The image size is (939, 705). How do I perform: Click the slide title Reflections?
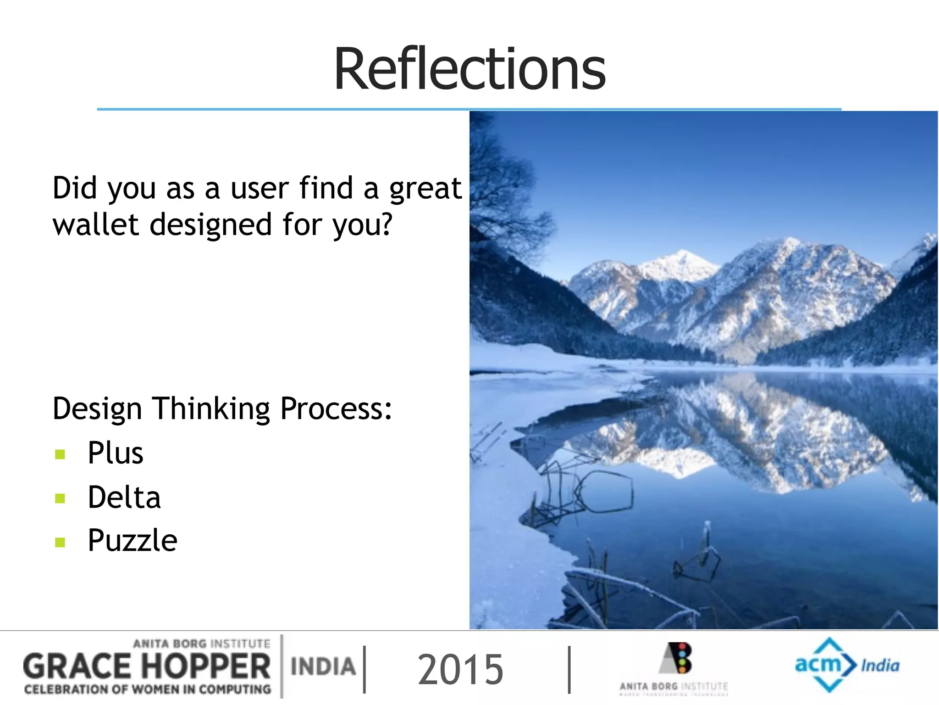(469, 69)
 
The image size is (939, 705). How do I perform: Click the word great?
(425, 189)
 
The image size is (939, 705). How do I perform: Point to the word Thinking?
(211, 408)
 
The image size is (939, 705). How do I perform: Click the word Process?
(336, 408)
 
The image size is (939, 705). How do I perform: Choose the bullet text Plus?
(116, 453)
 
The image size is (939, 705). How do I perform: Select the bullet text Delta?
(124, 497)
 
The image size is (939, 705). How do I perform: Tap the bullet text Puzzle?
(133, 541)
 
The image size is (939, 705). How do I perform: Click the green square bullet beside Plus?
(60, 454)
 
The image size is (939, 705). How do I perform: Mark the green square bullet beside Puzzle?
(60, 543)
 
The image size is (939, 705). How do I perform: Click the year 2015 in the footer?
(460, 670)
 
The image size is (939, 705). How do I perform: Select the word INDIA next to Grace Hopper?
(323, 666)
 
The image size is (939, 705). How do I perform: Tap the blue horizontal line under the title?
(469, 109)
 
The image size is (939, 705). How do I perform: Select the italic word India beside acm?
(880, 665)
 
